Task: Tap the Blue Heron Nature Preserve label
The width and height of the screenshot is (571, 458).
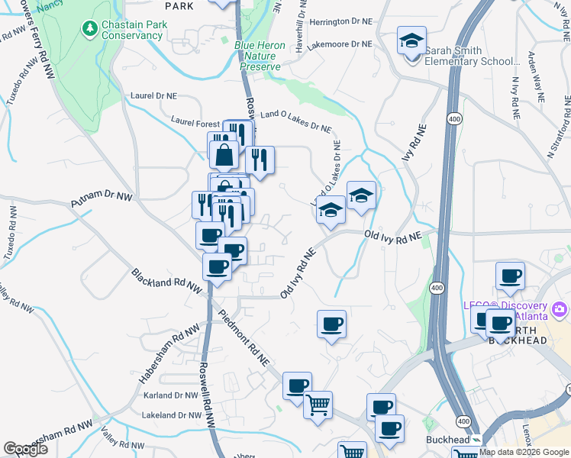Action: pyautogui.click(x=260, y=56)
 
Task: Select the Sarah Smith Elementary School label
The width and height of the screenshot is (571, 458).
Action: pyautogui.click(x=469, y=56)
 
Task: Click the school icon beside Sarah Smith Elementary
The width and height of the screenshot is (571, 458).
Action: pyautogui.click(x=411, y=40)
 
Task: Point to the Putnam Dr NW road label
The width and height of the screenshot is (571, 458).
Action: pyautogui.click(x=102, y=200)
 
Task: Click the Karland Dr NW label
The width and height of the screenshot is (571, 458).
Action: pyautogui.click(x=170, y=395)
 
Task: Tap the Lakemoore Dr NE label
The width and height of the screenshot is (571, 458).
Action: pyautogui.click(x=340, y=44)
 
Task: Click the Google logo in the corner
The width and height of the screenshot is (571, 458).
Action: pyautogui.click(x=25, y=449)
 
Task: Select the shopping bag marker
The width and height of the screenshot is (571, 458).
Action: pyautogui.click(x=224, y=156)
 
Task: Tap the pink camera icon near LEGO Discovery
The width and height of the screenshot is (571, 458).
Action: pyautogui.click(x=560, y=308)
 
